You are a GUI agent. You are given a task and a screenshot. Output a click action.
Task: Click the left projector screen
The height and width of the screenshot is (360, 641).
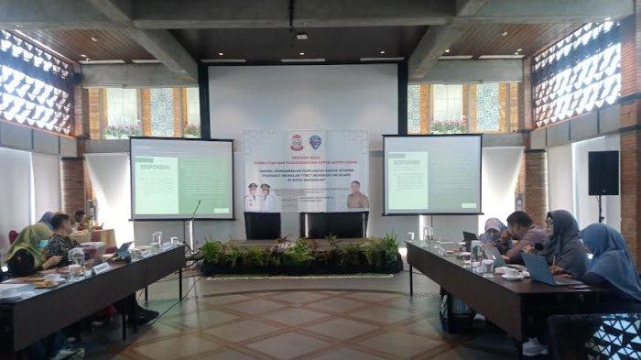[x=181, y=178]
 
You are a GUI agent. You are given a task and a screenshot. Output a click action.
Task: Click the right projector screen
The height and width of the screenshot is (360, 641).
[x=432, y=174]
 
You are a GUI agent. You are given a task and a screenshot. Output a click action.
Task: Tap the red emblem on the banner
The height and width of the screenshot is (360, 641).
[x=296, y=143]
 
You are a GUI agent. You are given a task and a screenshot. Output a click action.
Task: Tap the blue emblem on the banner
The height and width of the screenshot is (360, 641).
[x=316, y=142]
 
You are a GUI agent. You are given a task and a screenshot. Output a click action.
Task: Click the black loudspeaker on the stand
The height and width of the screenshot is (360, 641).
[x=603, y=172]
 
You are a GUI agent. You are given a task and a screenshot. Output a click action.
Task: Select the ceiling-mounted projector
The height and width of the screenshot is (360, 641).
[x=301, y=38]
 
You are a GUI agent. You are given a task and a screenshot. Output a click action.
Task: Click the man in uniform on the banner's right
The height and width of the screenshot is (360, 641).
[x=357, y=196]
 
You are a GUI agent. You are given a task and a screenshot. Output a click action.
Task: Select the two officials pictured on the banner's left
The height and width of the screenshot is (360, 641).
[x=261, y=197]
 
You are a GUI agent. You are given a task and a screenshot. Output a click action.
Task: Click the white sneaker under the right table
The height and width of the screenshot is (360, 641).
[x=535, y=346]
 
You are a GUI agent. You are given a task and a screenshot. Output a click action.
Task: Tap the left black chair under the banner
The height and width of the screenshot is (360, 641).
[x=262, y=225]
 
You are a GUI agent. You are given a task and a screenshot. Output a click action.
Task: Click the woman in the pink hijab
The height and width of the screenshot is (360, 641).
[x=493, y=235]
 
